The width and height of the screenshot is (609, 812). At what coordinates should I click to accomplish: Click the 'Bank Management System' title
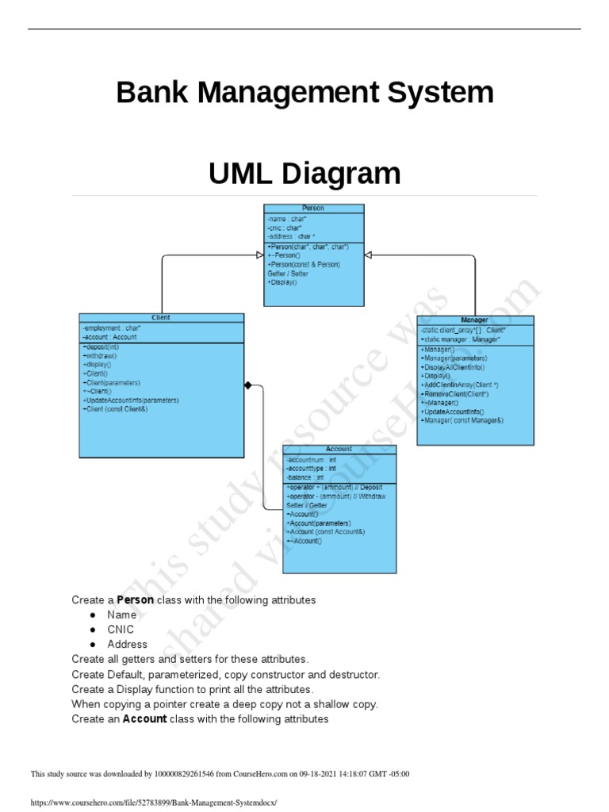(x=304, y=94)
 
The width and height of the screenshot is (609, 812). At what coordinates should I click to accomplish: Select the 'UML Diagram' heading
(x=304, y=174)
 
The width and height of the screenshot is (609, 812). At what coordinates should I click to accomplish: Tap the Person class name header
(x=313, y=209)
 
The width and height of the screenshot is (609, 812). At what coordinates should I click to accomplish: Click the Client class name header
(x=161, y=318)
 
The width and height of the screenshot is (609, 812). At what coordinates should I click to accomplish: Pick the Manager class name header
(x=474, y=320)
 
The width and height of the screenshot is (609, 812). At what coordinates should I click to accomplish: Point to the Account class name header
(x=339, y=450)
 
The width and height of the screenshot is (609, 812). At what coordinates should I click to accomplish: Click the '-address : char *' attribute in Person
(x=292, y=236)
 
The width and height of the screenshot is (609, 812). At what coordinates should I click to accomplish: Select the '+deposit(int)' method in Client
(x=101, y=347)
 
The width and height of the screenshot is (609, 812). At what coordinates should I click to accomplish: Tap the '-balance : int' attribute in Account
(x=305, y=477)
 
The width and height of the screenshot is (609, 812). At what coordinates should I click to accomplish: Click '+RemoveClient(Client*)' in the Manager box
(x=457, y=394)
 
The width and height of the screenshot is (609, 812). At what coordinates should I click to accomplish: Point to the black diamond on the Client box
(x=248, y=385)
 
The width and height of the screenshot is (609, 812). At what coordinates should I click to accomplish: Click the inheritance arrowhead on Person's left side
(x=259, y=255)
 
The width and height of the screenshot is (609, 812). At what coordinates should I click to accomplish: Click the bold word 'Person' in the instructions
(x=135, y=600)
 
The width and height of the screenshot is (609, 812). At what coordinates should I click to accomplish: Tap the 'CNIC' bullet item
(x=121, y=630)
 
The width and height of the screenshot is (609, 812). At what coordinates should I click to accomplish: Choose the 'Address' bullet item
(x=128, y=645)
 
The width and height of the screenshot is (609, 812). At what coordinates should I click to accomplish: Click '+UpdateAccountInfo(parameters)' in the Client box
(x=131, y=400)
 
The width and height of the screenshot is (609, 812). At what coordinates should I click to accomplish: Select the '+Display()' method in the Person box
(x=282, y=282)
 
